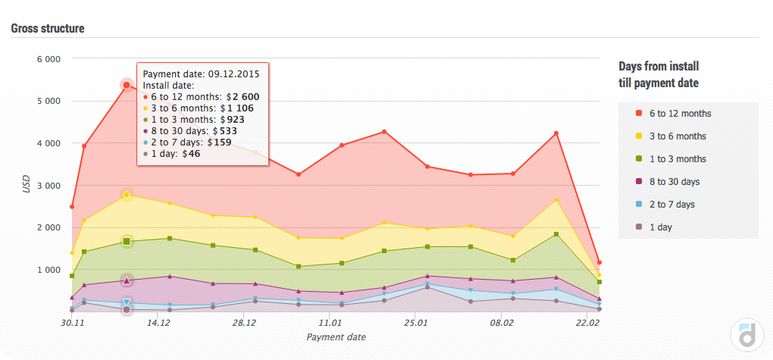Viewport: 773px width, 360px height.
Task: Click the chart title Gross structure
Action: click(x=47, y=29)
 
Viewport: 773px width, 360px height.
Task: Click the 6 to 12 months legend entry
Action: click(x=679, y=114)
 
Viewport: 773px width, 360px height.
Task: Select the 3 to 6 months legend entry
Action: click(x=677, y=136)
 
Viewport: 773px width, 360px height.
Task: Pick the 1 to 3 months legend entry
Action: click(x=677, y=159)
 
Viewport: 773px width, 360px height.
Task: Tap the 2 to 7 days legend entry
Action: click(x=671, y=205)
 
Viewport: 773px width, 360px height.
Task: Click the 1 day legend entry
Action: click(x=660, y=227)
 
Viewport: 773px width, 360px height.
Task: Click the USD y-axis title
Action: click(x=27, y=185)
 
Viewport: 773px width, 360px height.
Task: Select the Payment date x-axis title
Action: click(x=336, y=337)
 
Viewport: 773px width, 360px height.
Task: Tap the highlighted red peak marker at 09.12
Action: click(x=127, y=85)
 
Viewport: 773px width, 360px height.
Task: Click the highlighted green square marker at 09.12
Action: click(x=127, y=242)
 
